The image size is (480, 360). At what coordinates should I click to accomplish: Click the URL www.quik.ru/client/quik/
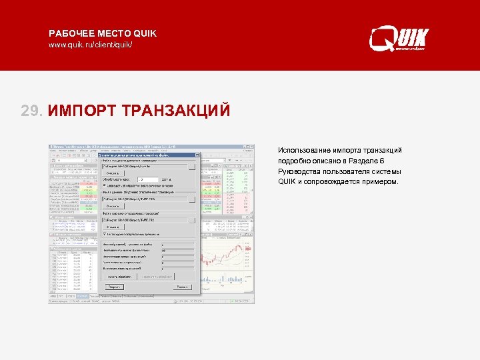[91, 45]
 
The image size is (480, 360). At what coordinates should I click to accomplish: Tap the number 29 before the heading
[31, 109]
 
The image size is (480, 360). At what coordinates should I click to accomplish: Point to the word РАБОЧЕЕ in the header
[71, 33]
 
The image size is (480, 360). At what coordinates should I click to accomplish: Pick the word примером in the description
[379, 181]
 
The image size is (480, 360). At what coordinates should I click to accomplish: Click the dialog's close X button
[197, 155]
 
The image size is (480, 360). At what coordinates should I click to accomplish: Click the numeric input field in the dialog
[148, 179]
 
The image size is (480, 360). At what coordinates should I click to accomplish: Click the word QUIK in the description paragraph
[286, 181]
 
